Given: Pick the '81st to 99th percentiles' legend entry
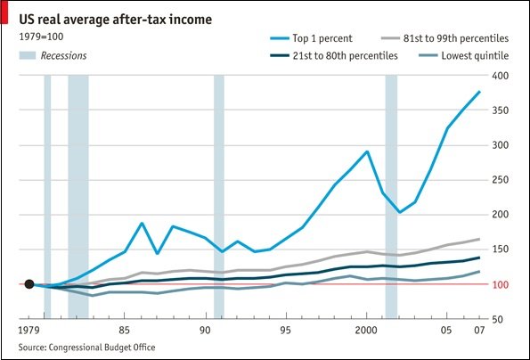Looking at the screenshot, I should [x=456, y=38].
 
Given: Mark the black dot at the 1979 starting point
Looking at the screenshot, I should [x=29, y=284].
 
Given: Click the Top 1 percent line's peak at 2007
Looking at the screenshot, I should [x=480, y=92].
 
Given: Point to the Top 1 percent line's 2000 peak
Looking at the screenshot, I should [x=367, y=151].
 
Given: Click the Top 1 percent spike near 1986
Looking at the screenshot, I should [x=141, y=223].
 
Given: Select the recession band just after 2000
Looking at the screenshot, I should [x=390, y=196].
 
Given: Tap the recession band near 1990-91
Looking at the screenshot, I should [x=218, y=196].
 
